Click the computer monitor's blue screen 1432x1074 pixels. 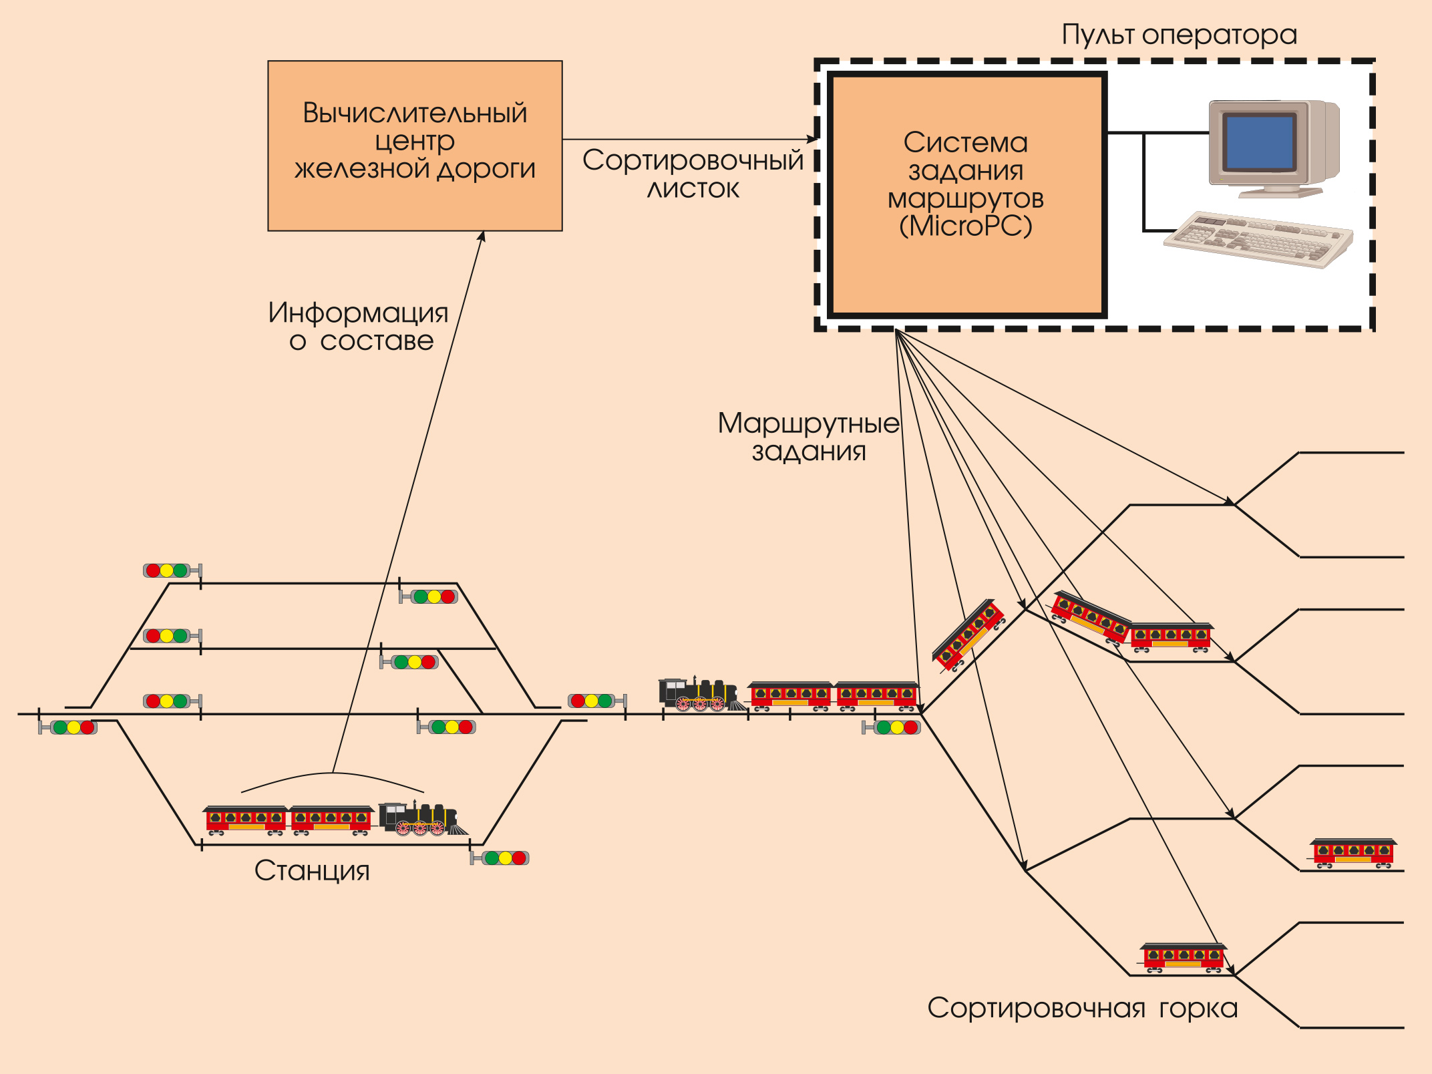[x=1258, y=142]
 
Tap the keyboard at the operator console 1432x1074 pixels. [x=1258, y=239]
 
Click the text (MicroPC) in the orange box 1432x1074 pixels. [x=965, y=226]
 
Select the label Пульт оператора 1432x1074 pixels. [x=1179, y=35]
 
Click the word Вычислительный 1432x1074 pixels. [x=415, y=113]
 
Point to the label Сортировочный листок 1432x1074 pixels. [x=693, y=174]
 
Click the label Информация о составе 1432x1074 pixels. [x=359, y=327]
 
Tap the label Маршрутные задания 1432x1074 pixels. [x=808, y=437]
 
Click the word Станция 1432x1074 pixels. [x=312, y=870]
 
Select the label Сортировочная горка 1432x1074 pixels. [x=1082, y=1008]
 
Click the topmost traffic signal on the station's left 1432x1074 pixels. [x=168, y=570]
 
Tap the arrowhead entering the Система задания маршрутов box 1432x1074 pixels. [x=814, y=140]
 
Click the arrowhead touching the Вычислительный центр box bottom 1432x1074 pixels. [x=482, y=235]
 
